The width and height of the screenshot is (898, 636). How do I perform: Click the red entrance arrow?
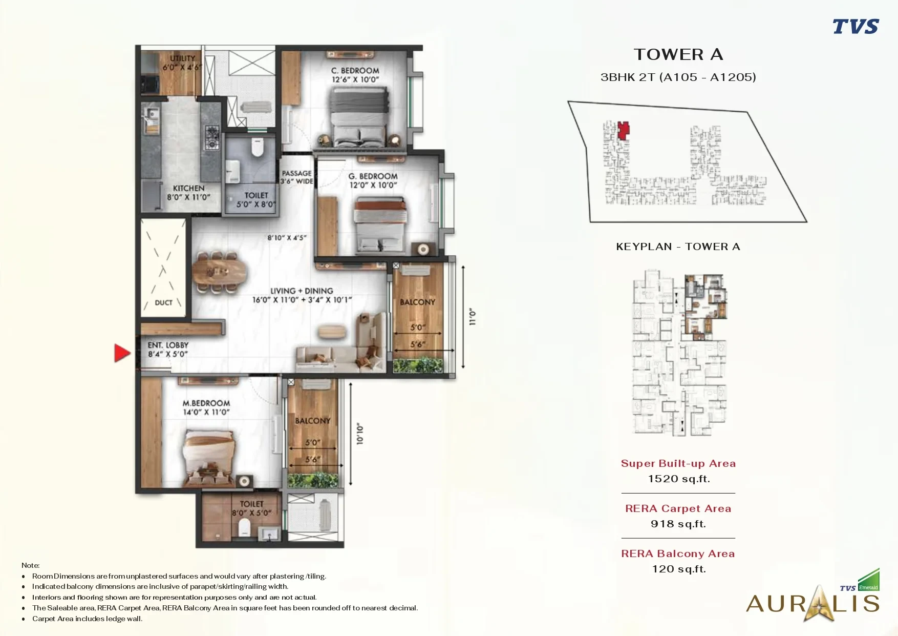pos(122,353)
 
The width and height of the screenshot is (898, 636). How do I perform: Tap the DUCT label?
pos(164,303)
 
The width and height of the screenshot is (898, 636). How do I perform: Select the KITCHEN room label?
pos(188,188)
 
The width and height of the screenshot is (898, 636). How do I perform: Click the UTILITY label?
pos(183,58)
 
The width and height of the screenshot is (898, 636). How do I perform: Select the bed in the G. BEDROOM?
pos(380,225)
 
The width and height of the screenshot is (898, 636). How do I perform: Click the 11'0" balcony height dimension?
pos(473,317)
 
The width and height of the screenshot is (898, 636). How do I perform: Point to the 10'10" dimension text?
pos(359,434)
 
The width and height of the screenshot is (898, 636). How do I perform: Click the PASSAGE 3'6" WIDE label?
pos(296,177)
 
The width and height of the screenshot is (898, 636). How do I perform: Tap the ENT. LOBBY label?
pos(168,350)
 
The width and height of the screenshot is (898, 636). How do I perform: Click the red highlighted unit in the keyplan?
pos(623,131)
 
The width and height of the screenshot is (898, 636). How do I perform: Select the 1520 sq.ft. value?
pos(679,479)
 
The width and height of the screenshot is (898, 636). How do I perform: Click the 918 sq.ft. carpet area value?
pos(678,524)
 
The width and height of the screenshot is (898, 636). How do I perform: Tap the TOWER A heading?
pos(678,54)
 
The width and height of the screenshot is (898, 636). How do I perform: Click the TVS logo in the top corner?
pos(856,26)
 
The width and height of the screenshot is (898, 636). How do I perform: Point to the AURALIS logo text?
pos(813,604)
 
